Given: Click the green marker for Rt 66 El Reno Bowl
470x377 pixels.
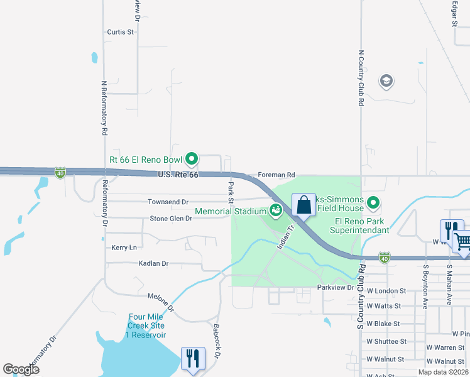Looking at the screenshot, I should click(193, 159).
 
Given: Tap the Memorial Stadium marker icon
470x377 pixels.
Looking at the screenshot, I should click(275, 210).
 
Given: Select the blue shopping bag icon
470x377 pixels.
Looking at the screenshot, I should click(303, 204).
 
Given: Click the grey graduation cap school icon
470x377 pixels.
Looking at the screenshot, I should click(386, 81).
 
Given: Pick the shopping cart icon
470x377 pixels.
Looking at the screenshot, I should click(462, 241).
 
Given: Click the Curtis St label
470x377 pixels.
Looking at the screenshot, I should click(121, 31).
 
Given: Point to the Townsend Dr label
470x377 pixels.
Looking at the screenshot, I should click(168, 202).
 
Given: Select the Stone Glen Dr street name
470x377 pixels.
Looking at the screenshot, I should click(170, 219).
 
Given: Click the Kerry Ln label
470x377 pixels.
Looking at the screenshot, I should click(124, 248).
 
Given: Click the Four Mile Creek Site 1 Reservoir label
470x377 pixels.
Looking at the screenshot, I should click(147, 325).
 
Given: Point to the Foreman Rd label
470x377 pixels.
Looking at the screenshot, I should click(276, 175).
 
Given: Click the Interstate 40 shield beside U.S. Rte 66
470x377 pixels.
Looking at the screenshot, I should click(60, 172).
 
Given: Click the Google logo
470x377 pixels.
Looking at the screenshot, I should click(21, 369).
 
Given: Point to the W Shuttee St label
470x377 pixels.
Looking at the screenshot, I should click(386, 341).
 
